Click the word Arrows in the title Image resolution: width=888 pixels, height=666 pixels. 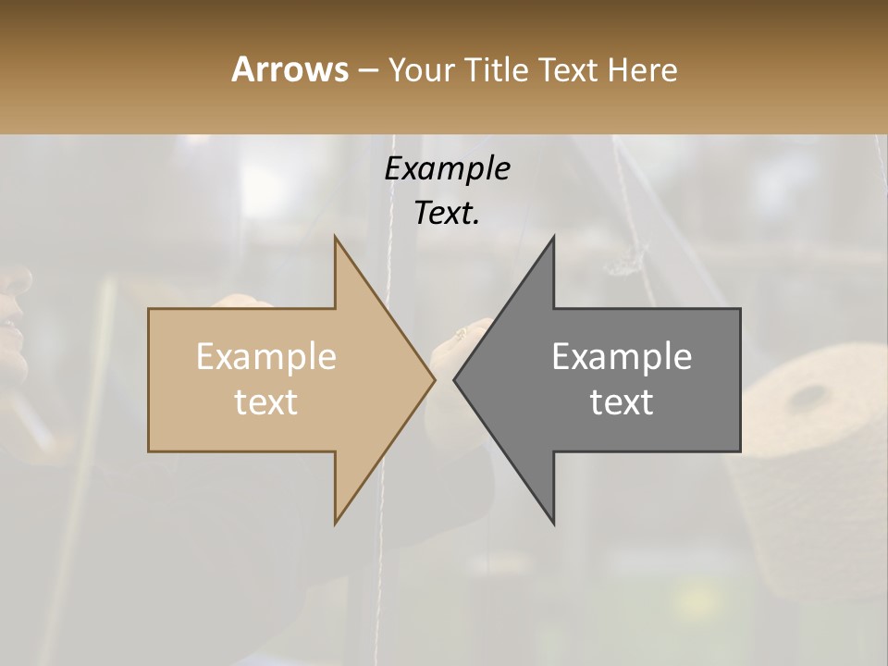[290, 69]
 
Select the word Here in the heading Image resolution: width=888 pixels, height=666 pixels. [642, 69]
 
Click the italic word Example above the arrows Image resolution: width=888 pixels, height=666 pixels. [447, 169]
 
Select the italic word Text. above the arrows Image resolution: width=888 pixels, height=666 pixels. [447, 214]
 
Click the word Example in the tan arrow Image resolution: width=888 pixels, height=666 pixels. [266, 357]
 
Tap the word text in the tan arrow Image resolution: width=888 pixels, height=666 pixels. [266, 402]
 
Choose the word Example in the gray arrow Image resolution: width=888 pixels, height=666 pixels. [622, 357]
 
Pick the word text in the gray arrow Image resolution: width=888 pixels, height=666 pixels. [622, 402]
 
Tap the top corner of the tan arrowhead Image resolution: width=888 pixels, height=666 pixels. [336, 238]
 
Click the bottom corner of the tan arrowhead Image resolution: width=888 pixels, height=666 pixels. [336, 523]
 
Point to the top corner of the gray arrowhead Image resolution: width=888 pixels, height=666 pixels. [553, 238]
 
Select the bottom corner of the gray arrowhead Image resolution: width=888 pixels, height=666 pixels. [553, 523]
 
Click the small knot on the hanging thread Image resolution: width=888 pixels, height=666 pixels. [624, 265]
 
